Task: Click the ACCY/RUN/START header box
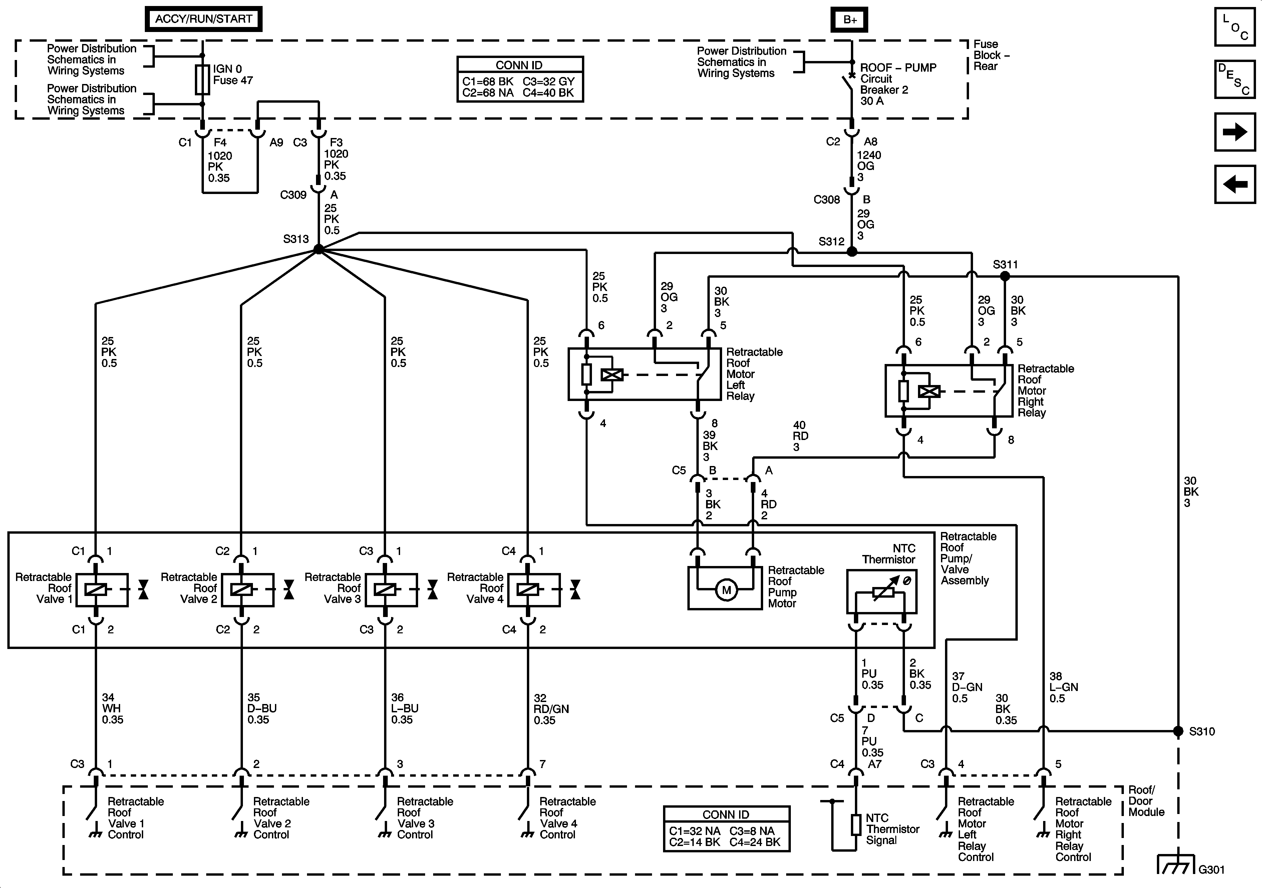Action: click(203, 19)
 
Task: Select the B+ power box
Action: click(850, 20)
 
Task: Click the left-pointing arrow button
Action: click(1235, 184)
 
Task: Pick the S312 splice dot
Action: click(852, 252)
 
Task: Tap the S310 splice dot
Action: click(1178, 731)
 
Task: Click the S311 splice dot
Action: click(1005, 276)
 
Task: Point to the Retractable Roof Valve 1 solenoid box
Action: click(102, 590)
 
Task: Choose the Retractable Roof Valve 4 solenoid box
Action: click(534, 590)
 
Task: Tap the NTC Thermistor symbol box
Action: click(882, 591)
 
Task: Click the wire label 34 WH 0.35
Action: click(112, 708)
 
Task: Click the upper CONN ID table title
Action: click(519, 65)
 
